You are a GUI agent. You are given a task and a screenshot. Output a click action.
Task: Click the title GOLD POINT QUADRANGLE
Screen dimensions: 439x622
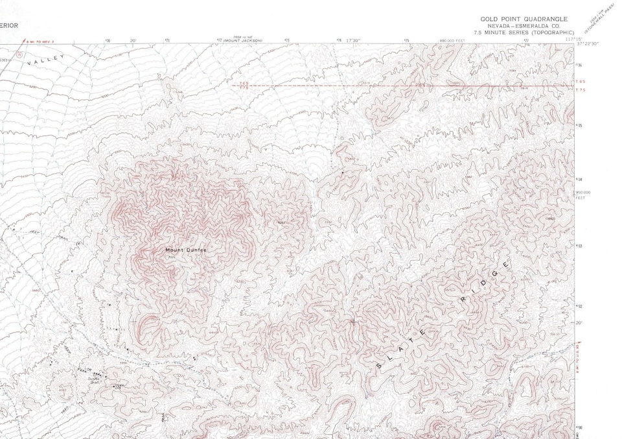tap(524, 19)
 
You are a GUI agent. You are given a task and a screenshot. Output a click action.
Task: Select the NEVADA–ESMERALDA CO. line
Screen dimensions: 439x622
tap(524, 26)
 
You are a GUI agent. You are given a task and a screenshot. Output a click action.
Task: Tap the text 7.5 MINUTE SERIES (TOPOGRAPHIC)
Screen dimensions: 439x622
tap(524, 32)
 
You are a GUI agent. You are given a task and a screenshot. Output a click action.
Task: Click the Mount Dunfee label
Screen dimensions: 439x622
tap(185, 250)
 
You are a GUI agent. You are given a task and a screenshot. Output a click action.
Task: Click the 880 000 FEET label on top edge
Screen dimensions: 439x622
tap(452, 41)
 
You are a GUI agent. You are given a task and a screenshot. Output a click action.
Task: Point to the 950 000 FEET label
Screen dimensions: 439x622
tap(582, 194)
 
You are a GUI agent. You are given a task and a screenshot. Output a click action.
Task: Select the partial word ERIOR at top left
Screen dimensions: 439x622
tap(9, 25)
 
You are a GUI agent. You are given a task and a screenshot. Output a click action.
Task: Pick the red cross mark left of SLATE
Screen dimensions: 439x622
tap(353, 320)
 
